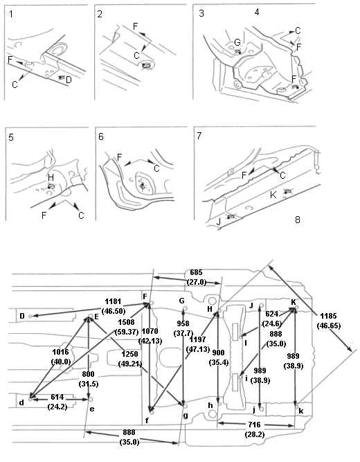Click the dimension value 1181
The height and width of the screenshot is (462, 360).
point(113,301)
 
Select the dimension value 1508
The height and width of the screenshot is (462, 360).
point(126,322)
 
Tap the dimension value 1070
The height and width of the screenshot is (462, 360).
point(150,331)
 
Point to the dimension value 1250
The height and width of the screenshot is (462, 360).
point(129,354)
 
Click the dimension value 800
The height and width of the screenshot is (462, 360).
point(89,374)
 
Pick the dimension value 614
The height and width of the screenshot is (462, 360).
point(57,397)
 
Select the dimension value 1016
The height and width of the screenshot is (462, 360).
point(60,352)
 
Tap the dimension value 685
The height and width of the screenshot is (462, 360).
point(196,272)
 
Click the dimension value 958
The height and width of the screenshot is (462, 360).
point(183,323)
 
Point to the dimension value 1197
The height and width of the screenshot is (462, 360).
point(198,339)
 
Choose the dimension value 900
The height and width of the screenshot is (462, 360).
point(218,353)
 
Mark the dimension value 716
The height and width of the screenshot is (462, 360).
point(254,425)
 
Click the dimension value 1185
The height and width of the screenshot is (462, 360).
point(328,316)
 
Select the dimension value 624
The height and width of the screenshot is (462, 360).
point(271,314)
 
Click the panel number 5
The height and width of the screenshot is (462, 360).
point(11,137)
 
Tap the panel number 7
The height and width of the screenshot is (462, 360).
point(199,136)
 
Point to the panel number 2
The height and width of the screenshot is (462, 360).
point(100,14)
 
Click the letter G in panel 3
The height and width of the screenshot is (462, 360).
point(237,42)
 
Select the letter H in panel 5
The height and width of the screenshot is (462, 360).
point(51,177)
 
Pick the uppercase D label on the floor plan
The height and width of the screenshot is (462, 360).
point(22,316)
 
